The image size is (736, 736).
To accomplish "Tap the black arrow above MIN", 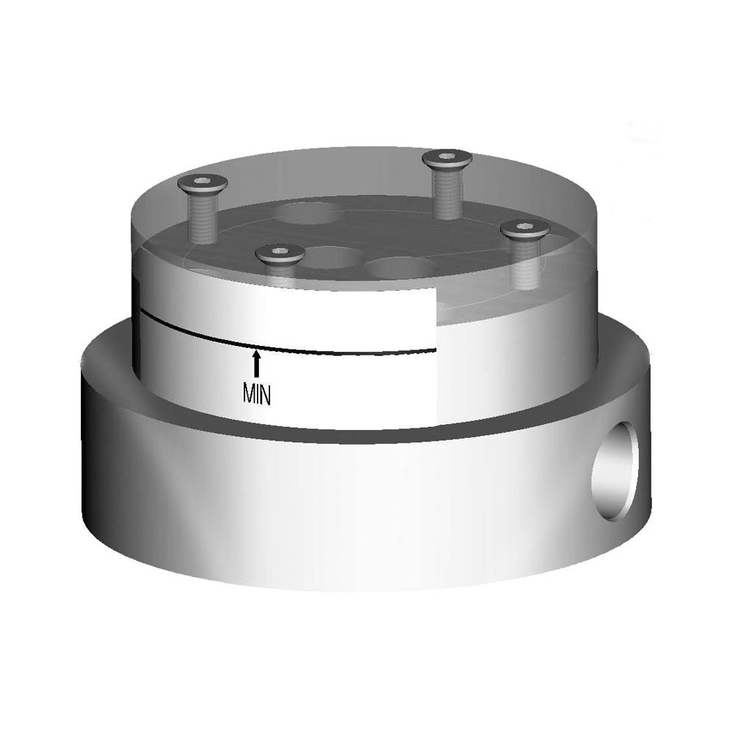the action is click(256, 364).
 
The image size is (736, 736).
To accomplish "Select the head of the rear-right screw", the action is click(447, 158).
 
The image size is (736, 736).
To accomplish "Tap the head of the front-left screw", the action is click(280, 255).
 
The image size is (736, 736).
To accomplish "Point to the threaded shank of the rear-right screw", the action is click(447, 192).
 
